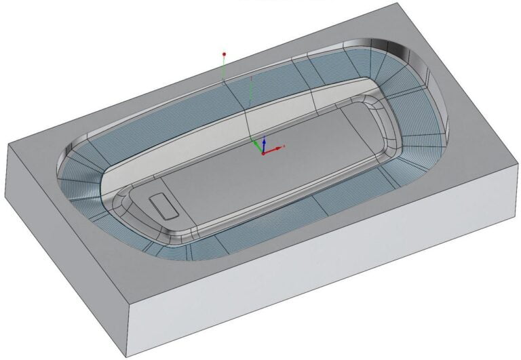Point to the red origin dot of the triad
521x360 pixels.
263,152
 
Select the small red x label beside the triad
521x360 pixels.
284,146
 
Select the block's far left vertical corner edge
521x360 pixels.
7,172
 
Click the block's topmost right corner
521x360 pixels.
395,3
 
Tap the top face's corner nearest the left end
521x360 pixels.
7,144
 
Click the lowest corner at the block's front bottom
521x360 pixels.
128,357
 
